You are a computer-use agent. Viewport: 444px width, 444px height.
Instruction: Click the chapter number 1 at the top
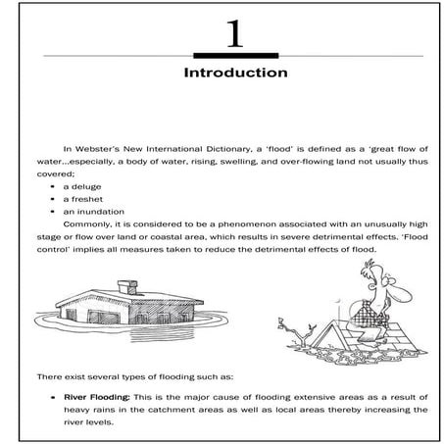tap(233, 35)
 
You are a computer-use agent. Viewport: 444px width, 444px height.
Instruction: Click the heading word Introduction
tap(234, 74)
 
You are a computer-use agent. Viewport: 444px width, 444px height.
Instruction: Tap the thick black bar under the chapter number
tap(234, 55)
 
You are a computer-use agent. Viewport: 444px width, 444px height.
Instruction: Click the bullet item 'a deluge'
tap(82, 185)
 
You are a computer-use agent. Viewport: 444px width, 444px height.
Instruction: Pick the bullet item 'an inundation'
tap(91, 211)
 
